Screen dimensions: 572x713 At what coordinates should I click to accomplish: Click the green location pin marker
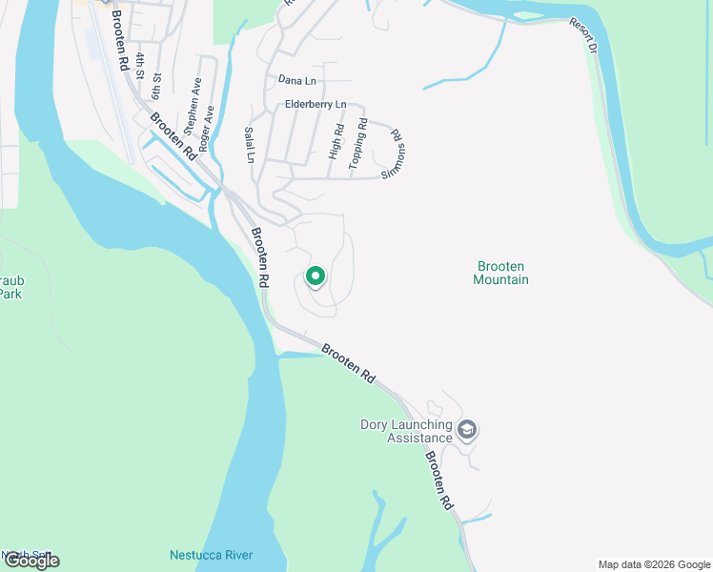[x=316, y=277]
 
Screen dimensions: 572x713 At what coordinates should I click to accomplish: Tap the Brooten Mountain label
[x=500, y=273]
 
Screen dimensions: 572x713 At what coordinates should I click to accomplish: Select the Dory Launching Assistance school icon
[x=467, y=430]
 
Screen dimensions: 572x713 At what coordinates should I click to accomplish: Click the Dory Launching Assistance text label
[x=406, y=431]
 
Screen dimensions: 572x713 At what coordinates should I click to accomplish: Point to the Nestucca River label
[x=211, y=555]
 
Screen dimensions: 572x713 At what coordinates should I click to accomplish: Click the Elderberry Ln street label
[x=315, y=104]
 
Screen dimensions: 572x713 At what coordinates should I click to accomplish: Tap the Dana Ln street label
[x=296, y=81]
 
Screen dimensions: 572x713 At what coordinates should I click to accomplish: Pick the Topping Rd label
[x=357, y=144]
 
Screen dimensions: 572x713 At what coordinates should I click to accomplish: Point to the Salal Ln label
[x=250, y=144]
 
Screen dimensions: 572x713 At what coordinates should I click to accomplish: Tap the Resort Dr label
[x=583, y=34]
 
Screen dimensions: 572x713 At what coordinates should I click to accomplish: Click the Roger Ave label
[x=209, y=123]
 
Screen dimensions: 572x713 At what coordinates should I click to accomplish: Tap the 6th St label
[x=156, y=85]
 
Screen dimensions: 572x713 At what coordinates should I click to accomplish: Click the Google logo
[x=31, y=561]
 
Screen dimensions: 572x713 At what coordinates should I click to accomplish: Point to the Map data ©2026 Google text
[x=653, y=564]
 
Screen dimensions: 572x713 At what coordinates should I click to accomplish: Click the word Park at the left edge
[x=10, y=295]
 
